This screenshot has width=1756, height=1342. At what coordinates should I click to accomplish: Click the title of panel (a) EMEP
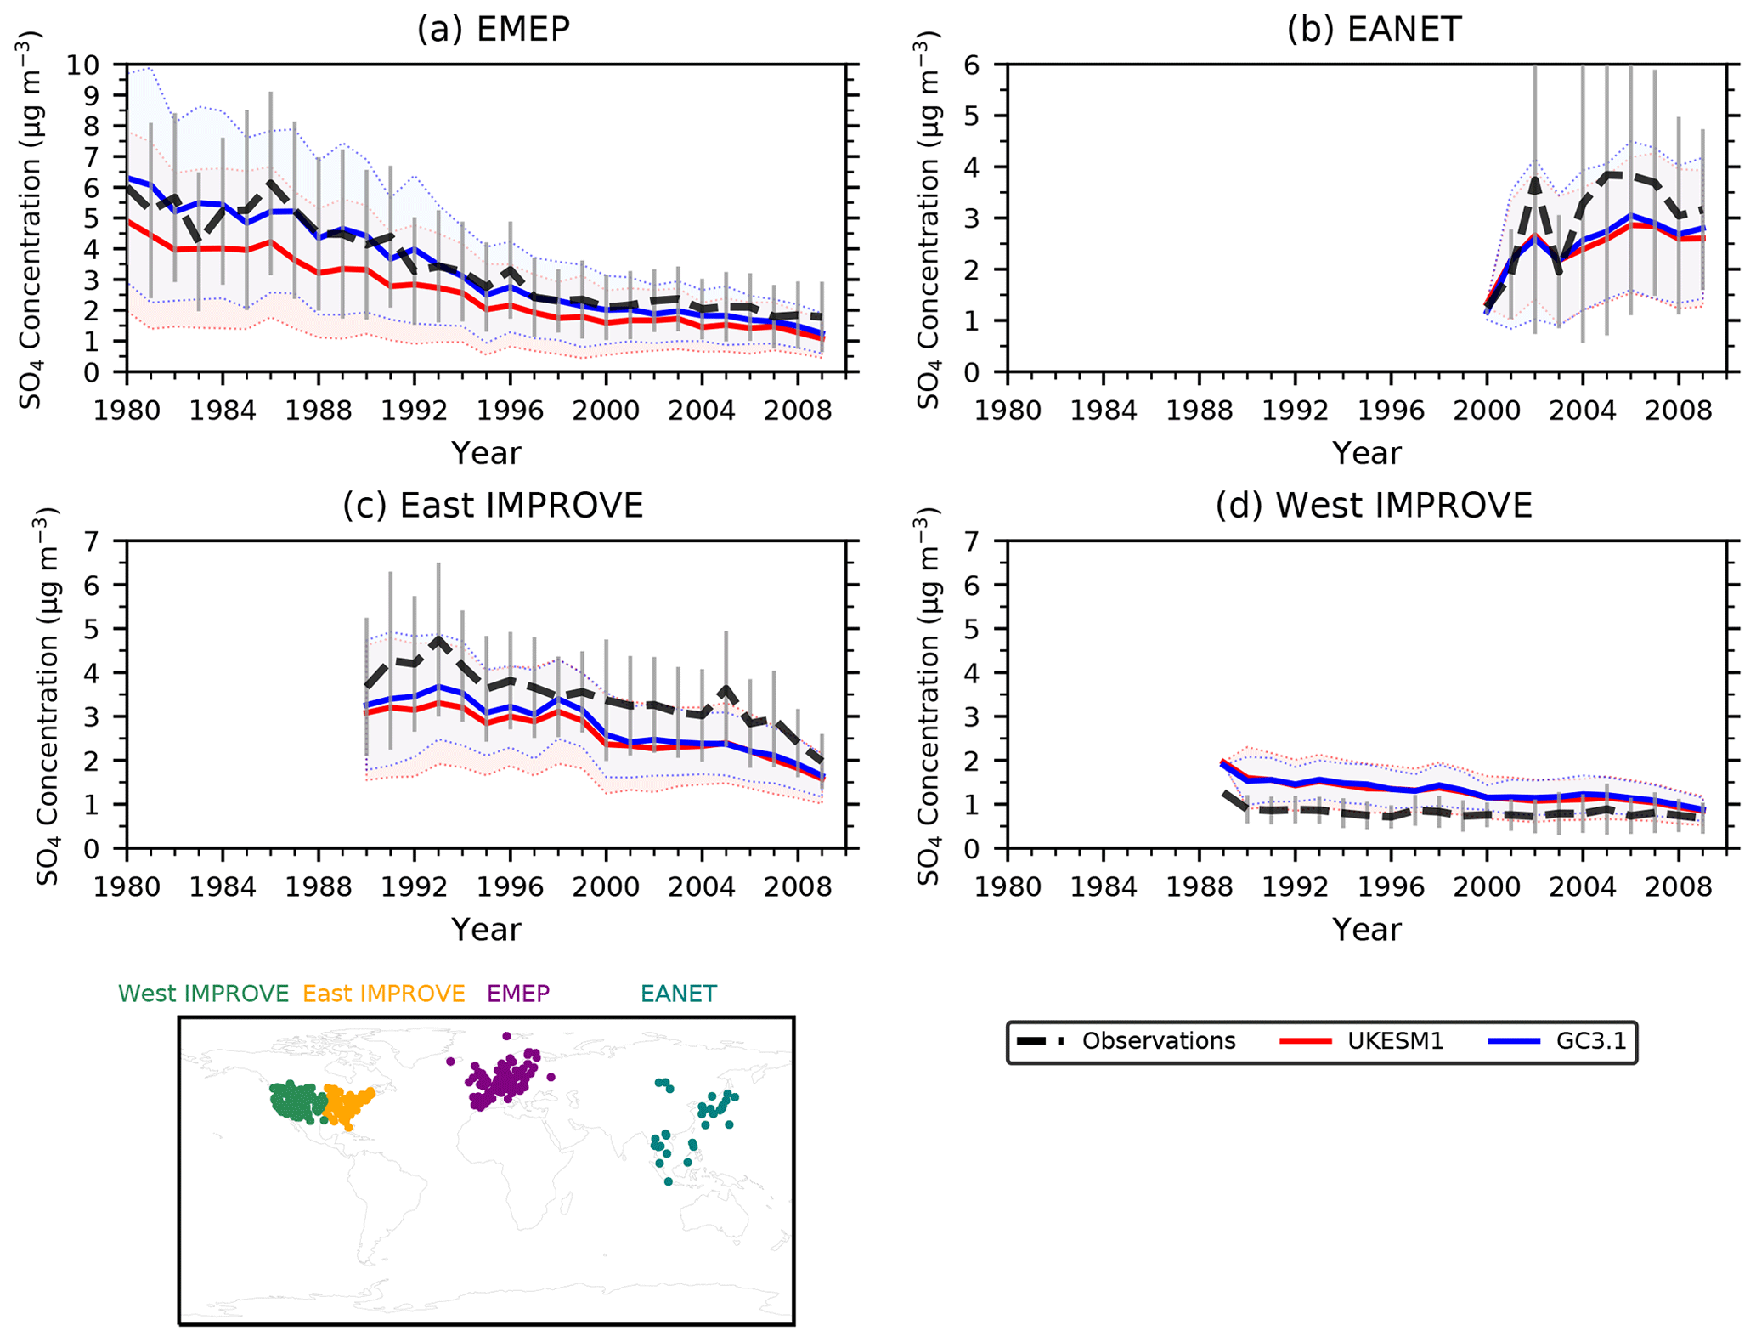coord(493,29)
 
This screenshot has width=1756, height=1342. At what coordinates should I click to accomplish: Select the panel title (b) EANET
coord(1374,29)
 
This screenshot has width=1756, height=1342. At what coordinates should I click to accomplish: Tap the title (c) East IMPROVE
coord(493,506)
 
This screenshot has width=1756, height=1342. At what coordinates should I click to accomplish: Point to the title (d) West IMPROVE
coord(1374,506)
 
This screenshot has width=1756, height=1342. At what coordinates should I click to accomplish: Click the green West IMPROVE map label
coord(203,994)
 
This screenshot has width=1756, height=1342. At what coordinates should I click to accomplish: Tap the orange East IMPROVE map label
coord(383,994)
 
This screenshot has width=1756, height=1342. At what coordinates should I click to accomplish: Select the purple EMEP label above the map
coord(518,994)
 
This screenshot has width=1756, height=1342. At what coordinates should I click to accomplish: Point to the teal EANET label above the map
coord(678,994)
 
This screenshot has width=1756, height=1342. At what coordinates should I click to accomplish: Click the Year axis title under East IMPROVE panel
coord(486,929)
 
